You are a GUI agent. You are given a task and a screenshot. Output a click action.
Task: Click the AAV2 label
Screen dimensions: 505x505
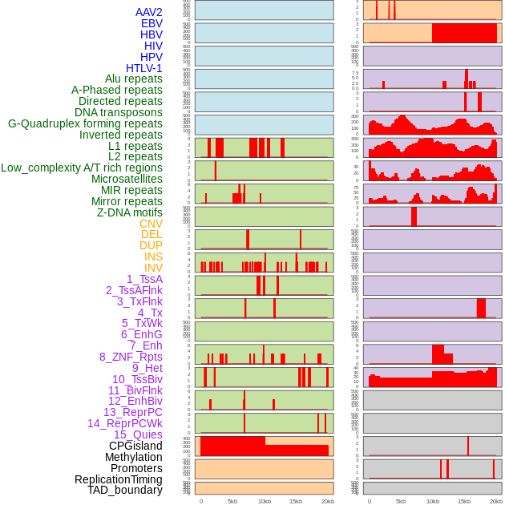click(149, 12)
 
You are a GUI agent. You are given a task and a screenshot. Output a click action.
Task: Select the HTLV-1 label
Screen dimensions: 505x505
click(144, 68)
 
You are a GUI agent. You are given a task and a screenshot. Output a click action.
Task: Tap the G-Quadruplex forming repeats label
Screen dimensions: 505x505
click(85, 123)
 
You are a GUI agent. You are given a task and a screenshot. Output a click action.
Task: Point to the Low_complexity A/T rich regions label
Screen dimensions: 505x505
click(82, 168)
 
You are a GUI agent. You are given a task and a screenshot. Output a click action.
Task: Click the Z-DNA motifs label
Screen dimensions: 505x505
click(130, 212)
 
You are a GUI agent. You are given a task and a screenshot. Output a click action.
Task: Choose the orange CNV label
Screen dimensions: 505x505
click(151, 224)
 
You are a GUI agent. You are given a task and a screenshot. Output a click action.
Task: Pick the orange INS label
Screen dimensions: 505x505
click(153, 257)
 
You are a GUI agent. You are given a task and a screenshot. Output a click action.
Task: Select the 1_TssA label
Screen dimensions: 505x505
click(144, 279)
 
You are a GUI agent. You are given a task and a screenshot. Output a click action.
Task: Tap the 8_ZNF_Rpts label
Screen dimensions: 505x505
click(131, 357)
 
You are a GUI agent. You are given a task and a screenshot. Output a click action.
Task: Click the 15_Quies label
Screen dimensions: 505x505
click(137, 434)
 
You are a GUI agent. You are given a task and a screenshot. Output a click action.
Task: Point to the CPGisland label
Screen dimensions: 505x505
click(135, 446)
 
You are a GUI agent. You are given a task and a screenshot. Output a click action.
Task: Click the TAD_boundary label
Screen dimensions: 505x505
click(125, 490)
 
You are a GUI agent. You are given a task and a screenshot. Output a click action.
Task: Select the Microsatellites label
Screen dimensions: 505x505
click(127, 179)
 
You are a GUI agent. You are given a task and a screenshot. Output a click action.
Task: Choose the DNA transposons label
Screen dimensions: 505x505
click(119, 112)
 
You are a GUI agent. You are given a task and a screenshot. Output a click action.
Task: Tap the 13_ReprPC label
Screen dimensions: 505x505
click(133, 412)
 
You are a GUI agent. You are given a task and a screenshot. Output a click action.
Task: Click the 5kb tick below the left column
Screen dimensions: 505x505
click(232, 501)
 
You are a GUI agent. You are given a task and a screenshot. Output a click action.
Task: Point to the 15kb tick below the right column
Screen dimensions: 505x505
click(464, 501)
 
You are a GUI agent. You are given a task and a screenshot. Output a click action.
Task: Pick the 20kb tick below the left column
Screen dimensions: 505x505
click(327, 501)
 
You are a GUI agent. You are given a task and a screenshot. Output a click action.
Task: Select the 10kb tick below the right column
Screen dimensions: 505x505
click(433, 501)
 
